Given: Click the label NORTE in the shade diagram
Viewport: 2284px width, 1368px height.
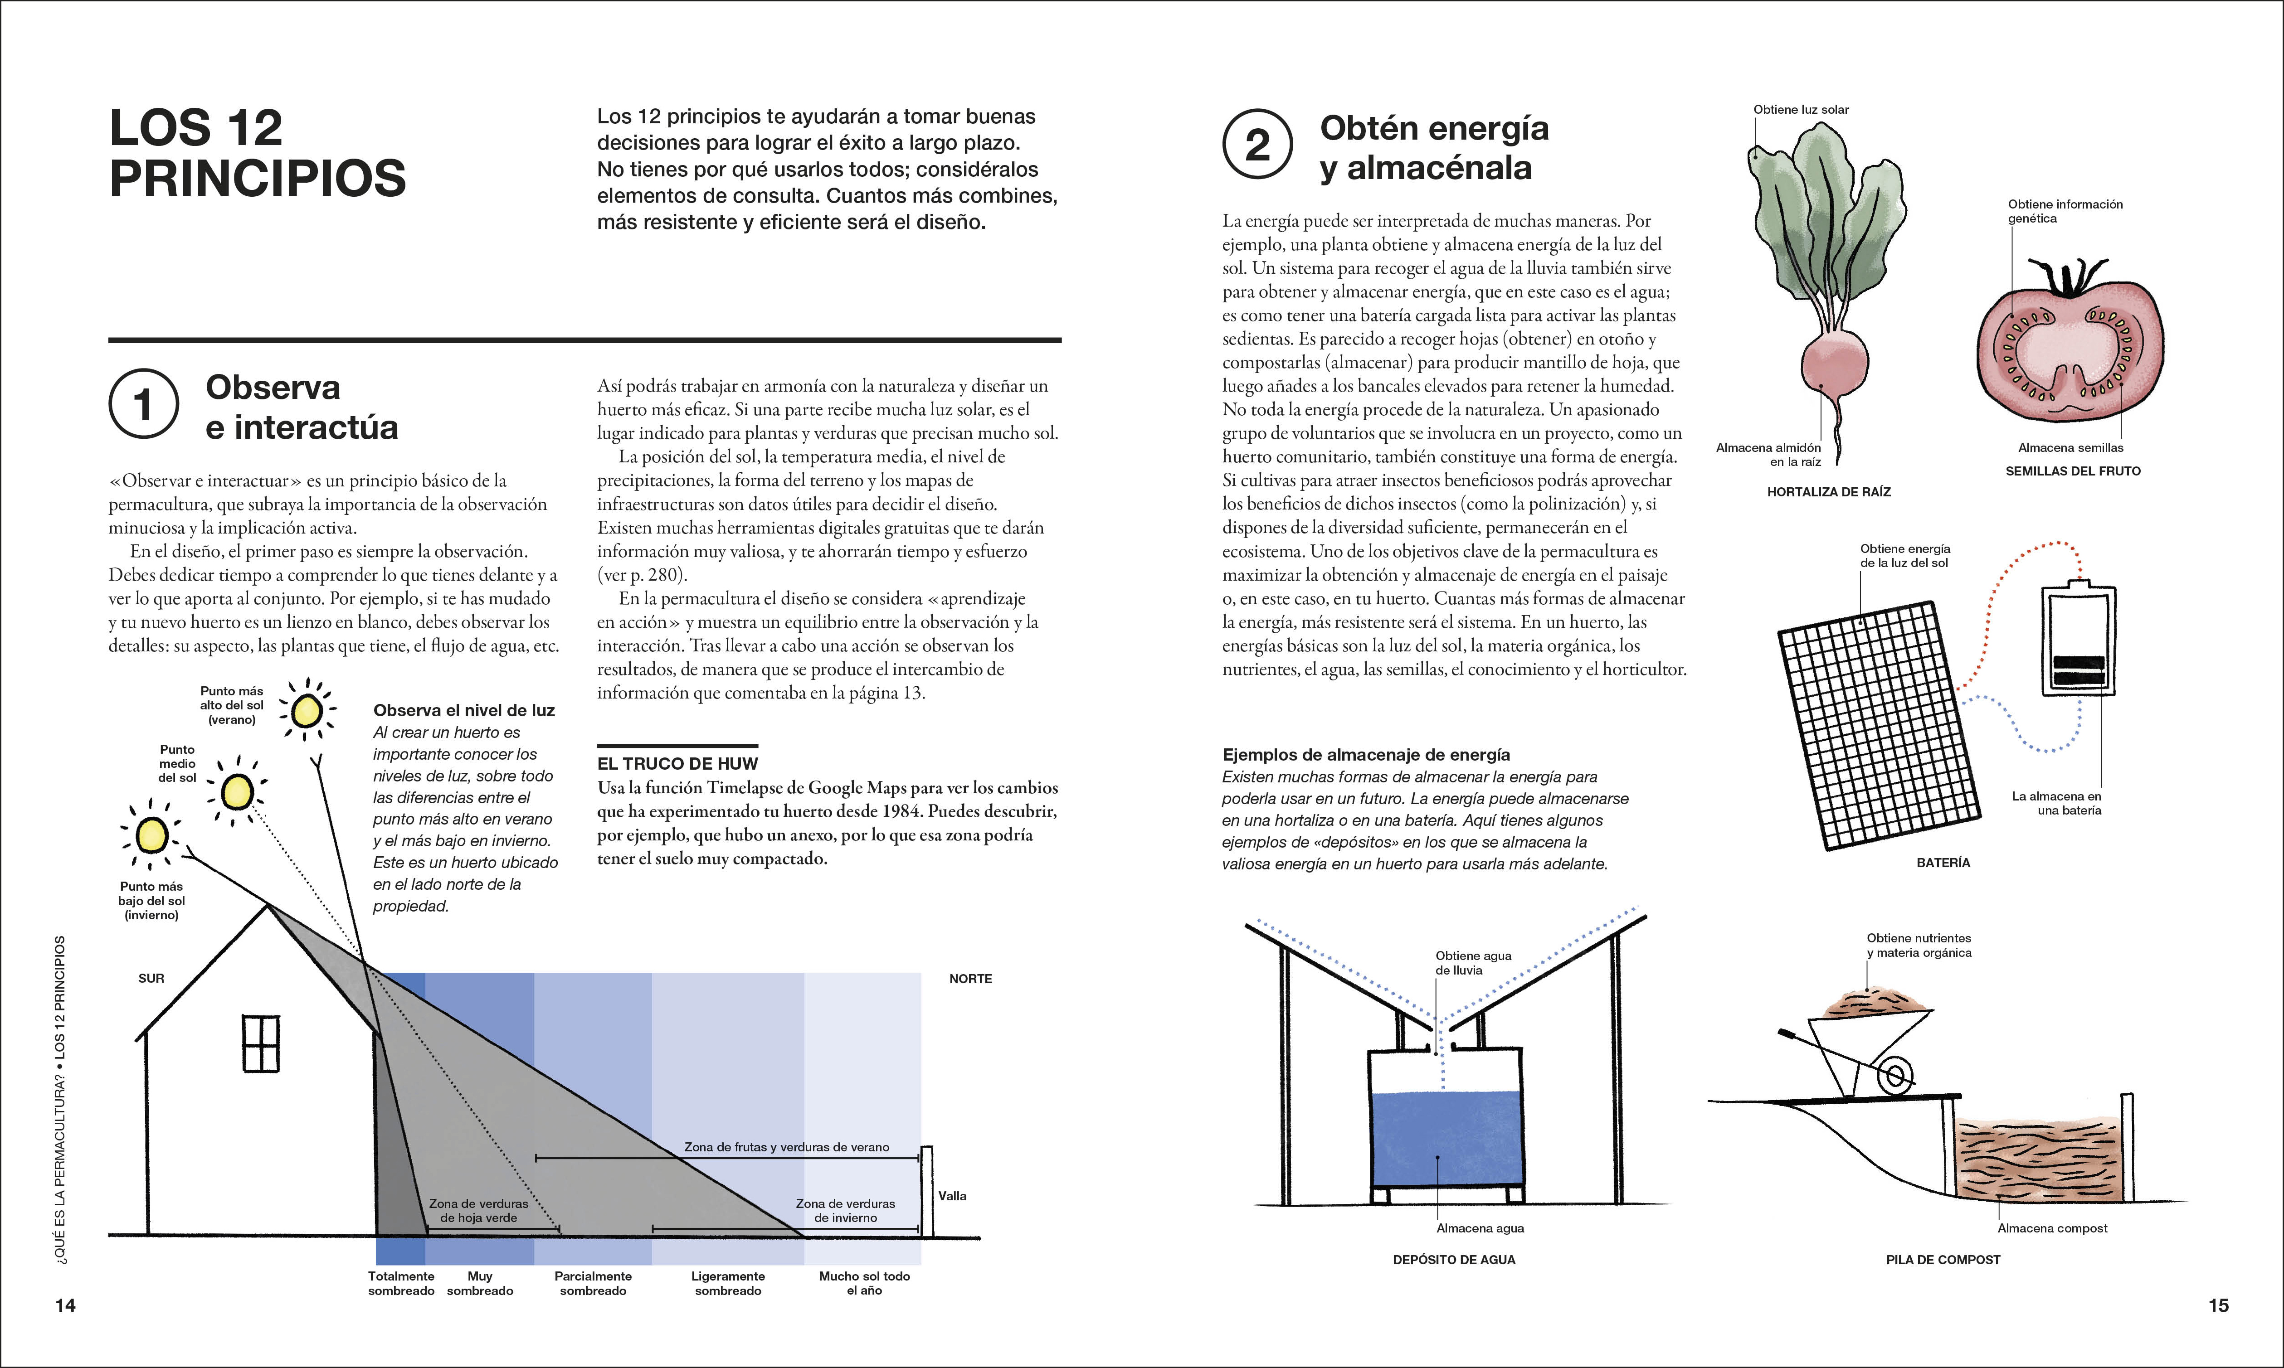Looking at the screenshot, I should [970, 979].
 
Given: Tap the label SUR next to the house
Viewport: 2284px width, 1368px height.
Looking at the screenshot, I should [151, 978].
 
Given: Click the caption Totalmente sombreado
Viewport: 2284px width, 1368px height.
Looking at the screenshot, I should [401, 1283].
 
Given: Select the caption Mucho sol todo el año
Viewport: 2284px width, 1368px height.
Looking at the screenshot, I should [864, 1283].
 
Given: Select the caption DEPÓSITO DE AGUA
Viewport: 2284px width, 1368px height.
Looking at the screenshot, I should [1454, 1259].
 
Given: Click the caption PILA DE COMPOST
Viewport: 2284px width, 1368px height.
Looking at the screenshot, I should [1943, 1259].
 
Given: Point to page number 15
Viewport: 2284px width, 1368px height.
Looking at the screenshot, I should [2219, 1305].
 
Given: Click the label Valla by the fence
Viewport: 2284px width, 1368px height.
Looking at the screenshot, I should [953, 1196].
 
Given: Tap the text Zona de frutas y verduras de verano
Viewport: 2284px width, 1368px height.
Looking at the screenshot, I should [787, 1147].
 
